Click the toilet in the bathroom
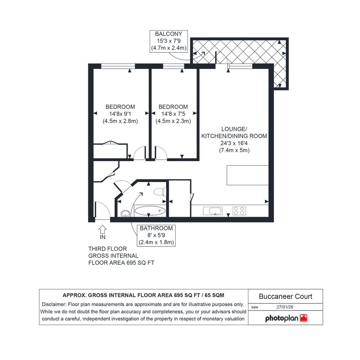tap(160, 192)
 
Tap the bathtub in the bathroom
tap(150, 211)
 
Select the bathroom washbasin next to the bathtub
tap(125, 213)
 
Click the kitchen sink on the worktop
tap(213, 211)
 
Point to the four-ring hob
tap(239, 211)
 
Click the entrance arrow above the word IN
tap(102, 229)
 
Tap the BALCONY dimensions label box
tap(168, 41)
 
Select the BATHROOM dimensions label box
tap(156, 235)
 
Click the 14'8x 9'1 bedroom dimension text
tap(120, 114)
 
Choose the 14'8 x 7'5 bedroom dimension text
tap(173, 114)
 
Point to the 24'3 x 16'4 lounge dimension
tap(234, 143)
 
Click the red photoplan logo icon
tap(304, 318)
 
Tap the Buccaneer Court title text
tap(285, 296)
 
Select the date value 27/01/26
tap(285, 307)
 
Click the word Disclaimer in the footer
tap(54, 304)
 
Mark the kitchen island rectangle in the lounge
tap(248, 175)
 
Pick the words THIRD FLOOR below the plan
tap(107, 249)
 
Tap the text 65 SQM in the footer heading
tap(214, 295)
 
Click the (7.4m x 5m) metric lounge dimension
tap(234, 150)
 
